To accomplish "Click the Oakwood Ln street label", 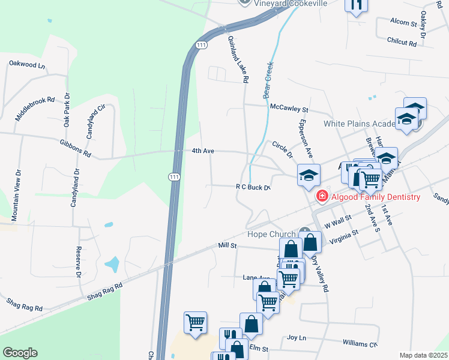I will [27, 63].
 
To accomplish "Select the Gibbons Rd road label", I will [75, 149].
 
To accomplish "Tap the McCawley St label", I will [289, 109].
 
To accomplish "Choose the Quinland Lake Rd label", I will [238, 58].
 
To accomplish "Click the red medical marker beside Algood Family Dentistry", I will [322, 196].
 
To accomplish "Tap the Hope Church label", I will [272, 234].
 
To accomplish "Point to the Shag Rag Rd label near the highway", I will [104, 292].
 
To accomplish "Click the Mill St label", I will [228, 245].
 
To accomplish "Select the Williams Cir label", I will [360, 344].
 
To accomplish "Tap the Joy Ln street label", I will [297, 338].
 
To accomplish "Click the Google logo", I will [20, 353].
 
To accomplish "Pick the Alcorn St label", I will [403, 23].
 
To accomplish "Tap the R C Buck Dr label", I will [253, 187].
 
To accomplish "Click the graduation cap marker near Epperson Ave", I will [309, 175].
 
